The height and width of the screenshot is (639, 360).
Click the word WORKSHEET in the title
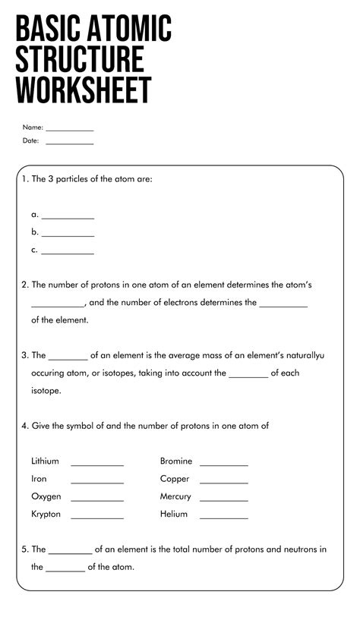click(84, 90)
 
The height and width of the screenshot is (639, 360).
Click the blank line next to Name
click(69, 130)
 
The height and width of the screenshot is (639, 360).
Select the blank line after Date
click(69, 143)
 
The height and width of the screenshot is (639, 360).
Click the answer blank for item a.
click(68, 218)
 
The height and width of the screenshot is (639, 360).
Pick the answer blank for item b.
click(68, 235)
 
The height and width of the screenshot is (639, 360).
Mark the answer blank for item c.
click(68, 253)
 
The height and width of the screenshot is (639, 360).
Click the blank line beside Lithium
click(97, 464)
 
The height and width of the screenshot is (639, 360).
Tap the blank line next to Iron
click(97, 482)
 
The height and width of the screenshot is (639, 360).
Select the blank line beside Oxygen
click(97, 500)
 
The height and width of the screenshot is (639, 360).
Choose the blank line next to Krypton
click(97, 518)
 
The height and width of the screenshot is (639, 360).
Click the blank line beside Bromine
click(224, 464)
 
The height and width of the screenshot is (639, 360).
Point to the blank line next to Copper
click(224, 482)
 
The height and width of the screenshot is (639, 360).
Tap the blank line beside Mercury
click(224, 500)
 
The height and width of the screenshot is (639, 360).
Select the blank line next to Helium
click(224, 518)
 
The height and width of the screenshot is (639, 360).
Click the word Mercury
click(175, 497)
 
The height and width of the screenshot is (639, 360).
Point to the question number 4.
click(24, 427)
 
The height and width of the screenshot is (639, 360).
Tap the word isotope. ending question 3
click(46, 391)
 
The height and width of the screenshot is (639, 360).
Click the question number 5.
click(24, 549)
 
